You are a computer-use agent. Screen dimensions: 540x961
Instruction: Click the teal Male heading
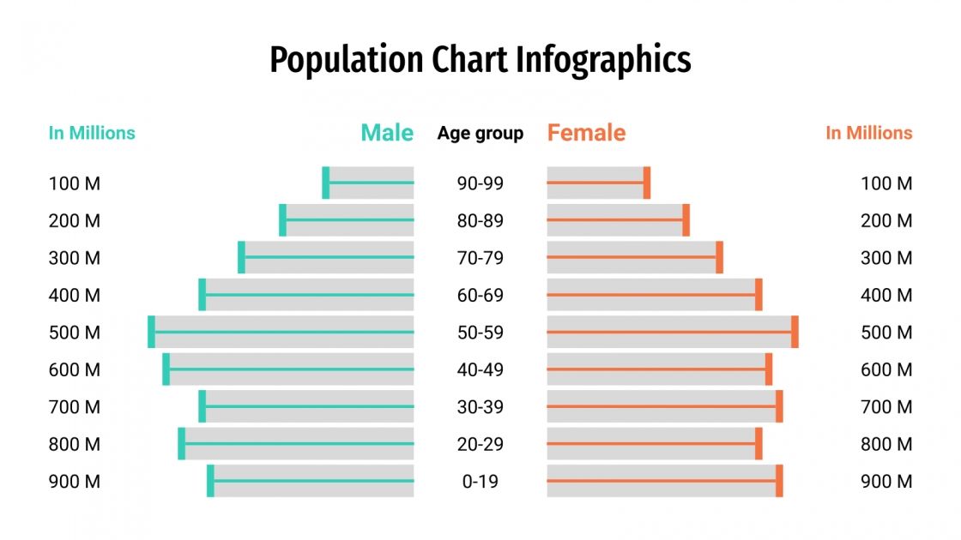click(387, 133)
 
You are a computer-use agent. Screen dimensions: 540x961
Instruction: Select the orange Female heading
click(586, 133)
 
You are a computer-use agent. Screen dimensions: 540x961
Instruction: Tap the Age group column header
click(480, 134)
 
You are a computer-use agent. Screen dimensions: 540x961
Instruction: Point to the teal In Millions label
click(92, 133)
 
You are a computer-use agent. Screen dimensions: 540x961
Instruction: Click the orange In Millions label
click(868, 133)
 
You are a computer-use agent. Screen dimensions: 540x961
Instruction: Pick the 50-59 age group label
click(480, 333)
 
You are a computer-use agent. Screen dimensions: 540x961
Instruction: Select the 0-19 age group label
click(480, 482)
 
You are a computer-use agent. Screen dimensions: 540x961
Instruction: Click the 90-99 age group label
click(480, 183)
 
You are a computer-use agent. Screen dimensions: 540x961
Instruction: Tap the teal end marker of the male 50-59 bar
click(152, 332)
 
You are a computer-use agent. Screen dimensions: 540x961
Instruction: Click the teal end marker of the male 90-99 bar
click(326, 183)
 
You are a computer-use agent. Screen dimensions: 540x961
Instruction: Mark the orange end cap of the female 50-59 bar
click(795, 332)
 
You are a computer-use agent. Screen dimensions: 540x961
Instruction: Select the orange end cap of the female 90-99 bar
click(647, 183)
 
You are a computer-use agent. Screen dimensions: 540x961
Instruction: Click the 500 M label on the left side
click(75, 333)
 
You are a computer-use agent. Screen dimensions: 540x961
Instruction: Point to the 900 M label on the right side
click(886, 482)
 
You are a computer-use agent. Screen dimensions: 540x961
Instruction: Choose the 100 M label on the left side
click(75, 183)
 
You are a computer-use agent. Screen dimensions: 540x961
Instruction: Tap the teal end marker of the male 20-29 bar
click(182, 444)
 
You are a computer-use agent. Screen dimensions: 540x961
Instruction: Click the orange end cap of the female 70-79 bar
click(720, 257)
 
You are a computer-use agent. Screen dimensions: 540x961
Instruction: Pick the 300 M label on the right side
click(886, 258)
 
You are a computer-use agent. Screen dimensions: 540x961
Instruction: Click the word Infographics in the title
click(603, 61)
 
